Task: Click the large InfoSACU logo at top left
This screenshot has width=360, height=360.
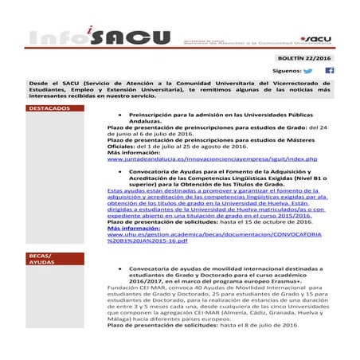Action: click(88, 40)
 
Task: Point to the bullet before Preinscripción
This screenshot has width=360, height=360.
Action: click(119, 115)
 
